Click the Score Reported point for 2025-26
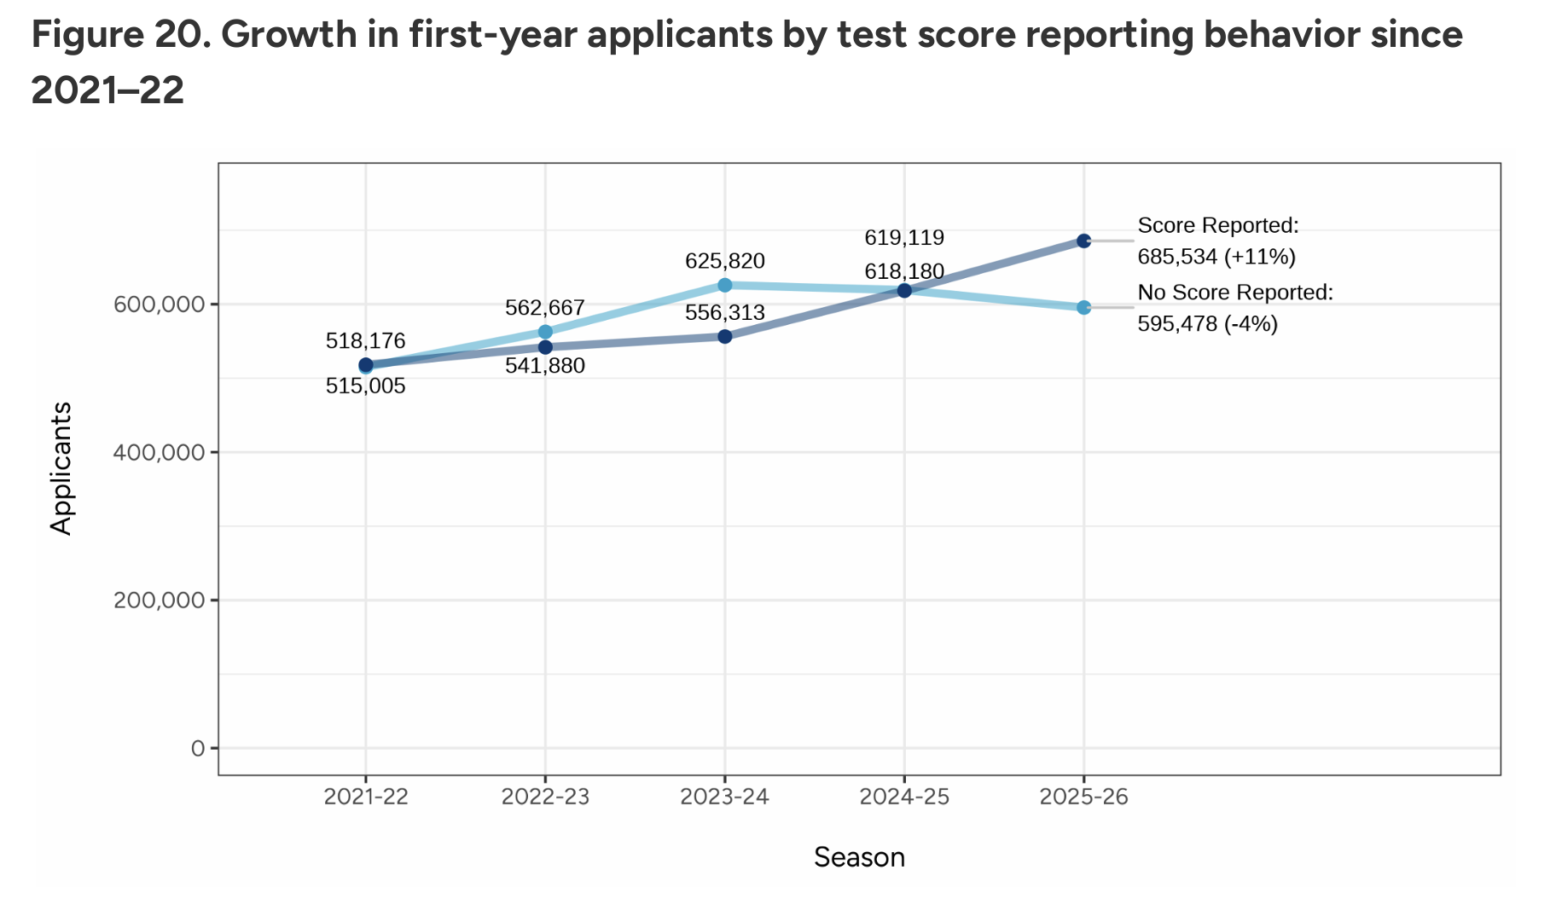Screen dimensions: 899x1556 [x=1083, y=241]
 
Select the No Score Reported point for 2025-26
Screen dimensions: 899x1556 [x=1083, y=307]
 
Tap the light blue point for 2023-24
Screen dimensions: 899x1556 [x=724, y=285]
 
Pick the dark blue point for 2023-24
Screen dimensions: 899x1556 [x=724, y=336]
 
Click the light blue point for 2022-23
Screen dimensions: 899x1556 [x=545, y=332]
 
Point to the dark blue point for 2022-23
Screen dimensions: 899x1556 [x=545, y=347]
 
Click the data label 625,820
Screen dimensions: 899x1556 [x=724, y=261]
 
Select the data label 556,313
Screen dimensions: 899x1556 [x=724, y=313]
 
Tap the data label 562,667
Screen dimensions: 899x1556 [x=545, y=307]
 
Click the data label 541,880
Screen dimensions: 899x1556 [x=545, y=366]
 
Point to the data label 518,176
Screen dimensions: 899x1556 [x=365, y=341]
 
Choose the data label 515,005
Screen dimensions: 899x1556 [x=365, y=386]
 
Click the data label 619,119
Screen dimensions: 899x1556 [x=904, y=238]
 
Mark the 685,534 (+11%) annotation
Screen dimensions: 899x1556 [x=1216, y=257]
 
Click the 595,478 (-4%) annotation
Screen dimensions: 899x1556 [x=1207, y=323]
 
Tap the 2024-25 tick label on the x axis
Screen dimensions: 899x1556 [x=904, y=797]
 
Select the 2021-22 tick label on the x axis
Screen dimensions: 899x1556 [x=365, y=797]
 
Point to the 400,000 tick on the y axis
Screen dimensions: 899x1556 [x=160, y=452]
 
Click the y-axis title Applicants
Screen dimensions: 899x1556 [x=61, y=467]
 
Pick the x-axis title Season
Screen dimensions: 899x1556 [x=859, y=857]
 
